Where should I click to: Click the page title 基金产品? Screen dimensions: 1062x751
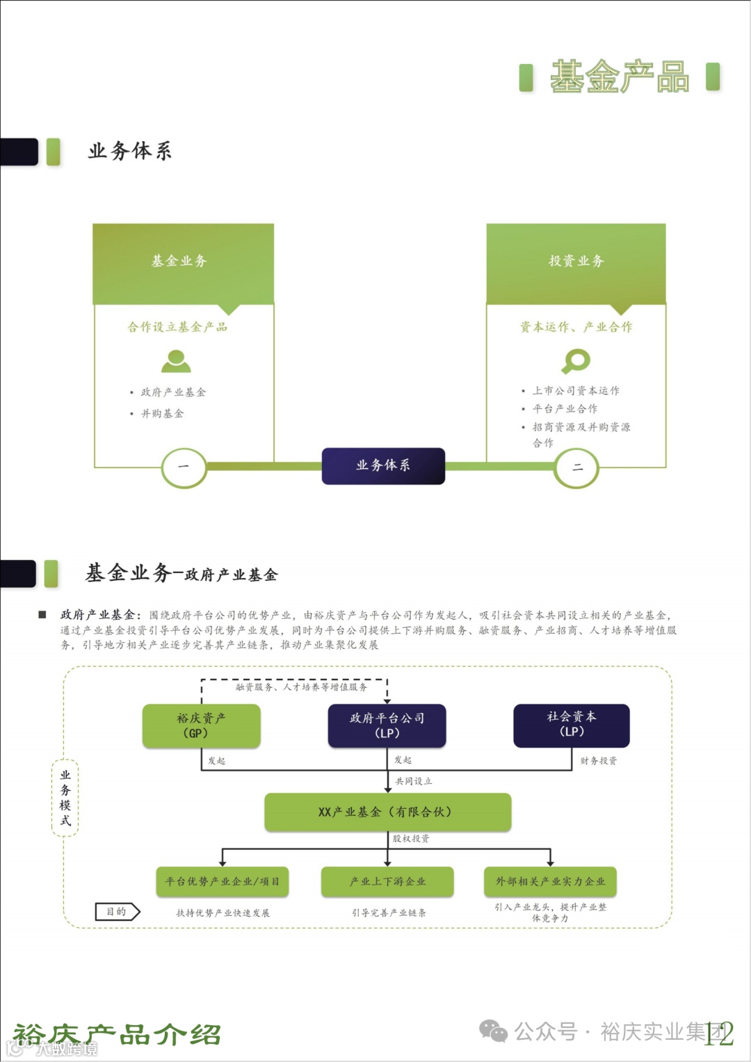point(619,77)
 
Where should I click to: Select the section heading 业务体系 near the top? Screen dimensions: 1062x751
point(129,151)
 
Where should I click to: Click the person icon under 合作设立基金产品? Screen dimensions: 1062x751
point(176,361)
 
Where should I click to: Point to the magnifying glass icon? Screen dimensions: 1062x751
point(576,361)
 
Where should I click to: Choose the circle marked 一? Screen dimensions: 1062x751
point(184,467)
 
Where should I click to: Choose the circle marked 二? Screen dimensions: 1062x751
point(576,467)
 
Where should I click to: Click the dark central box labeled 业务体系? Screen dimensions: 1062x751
point(382,465)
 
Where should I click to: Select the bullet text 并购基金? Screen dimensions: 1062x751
point(163,414)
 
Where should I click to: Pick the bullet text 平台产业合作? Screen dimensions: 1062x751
point(565,409)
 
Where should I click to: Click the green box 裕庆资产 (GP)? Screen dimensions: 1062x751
point(201,725)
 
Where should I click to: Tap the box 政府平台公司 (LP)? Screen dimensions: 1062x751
point(387,725)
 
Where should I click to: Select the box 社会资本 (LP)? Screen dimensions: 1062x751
point(572,725)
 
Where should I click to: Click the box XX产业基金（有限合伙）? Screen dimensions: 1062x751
point(387,812)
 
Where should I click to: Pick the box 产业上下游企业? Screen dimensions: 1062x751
point(387,881)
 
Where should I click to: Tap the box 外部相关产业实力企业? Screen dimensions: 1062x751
point(550,881)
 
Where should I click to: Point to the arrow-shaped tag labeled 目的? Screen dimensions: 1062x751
point(117,911)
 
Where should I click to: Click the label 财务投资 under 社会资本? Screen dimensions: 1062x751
point(598,761)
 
